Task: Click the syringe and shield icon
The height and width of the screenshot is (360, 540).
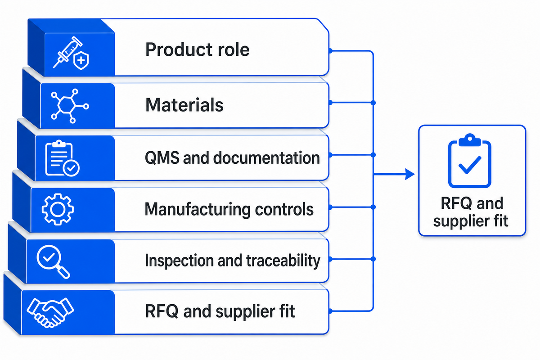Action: (x=71, y=53)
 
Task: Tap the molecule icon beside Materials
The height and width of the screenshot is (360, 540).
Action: (x=70, y=106)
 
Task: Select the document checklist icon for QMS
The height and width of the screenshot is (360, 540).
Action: (x=62, y=158)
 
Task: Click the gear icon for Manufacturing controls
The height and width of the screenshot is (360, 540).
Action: (x=58, y=209)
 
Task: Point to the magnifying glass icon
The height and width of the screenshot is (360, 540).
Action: (x=53, y=261)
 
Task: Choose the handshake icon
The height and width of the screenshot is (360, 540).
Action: (x=50, y=312)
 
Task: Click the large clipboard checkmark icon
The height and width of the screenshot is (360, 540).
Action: (x=470, y=161)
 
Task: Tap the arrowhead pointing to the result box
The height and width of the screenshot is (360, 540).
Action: (x=410, y=174)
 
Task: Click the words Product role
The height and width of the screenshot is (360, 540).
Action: (x=197, y=49)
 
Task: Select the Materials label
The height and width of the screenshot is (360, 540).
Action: (x=184, y=105)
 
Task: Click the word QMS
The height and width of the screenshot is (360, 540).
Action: (x=162, y=158)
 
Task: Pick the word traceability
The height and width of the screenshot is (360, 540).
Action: (x=283, y=261)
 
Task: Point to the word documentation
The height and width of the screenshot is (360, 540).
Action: (x=266, y=158)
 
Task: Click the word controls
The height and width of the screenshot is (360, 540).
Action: (x=284, y=209)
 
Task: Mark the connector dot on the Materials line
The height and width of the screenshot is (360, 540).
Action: (x=373, y=103)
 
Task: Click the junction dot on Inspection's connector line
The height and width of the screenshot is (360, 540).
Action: (x=373, y=259)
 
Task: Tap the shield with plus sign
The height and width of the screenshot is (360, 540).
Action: (x=81, y=60)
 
